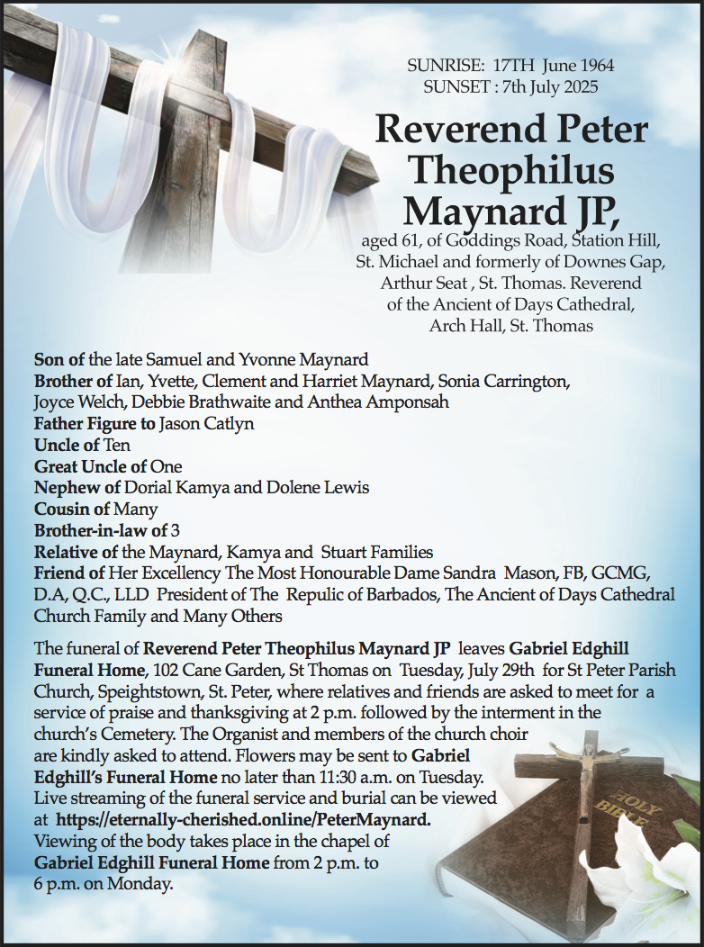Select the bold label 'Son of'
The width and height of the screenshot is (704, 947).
(x=59, y=360)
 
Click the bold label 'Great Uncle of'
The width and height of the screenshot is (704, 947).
(x=91, y=466)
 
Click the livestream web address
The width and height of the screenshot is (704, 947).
(x=243, y=820)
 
